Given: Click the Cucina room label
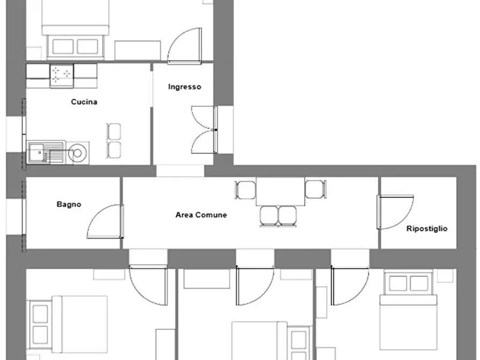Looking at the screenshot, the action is click(x=84, y=102).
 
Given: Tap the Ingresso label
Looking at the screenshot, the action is click(x=184, y=87).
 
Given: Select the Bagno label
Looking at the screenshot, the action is click(x=69, y=204).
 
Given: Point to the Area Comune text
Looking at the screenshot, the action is click(x=201, y=215).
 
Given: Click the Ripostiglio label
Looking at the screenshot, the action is click(x=427, y=229).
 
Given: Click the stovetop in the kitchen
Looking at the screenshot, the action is click(x=61, y=75).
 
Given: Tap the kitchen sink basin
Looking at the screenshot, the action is click(x=37, y=152).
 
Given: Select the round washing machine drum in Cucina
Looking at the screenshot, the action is click(x=77, y=153).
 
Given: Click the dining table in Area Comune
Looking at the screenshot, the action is click(x=281, y=191).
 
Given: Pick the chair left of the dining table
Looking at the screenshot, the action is click(x=246, y=190).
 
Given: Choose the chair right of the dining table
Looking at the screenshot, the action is click(x=316, y=189).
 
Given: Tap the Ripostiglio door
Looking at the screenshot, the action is click(x=396, y=212).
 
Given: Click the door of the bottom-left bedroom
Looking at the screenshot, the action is click(x=148, y=285).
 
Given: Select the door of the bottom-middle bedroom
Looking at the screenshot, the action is click(x=255, y=285).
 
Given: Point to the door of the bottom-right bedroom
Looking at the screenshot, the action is click(x=350, y=285).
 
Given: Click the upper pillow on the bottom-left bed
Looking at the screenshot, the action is click(x=40, y=314).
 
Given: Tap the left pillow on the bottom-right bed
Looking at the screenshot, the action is click(x=398, y=283).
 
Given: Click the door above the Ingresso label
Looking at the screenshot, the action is click(x=184, y=46).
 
